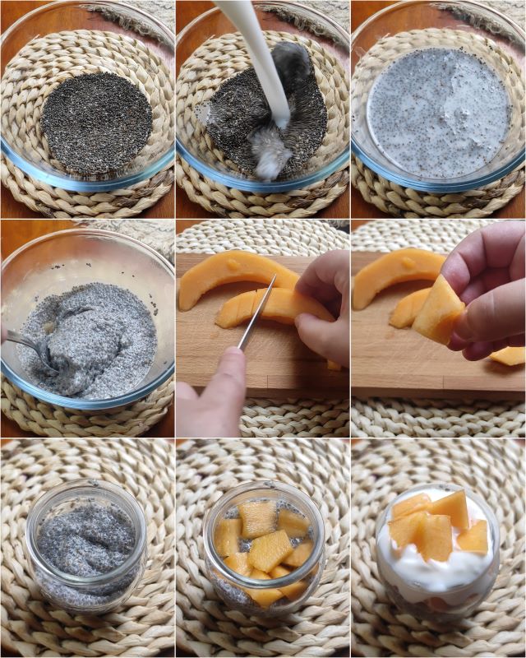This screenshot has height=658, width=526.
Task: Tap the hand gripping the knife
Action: pyautogui.click(x=210, y=395)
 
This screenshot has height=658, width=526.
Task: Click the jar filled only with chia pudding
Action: pyautogui.click(x=85, y=547)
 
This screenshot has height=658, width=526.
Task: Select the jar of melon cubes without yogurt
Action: pyautogui.click(x=263, y=547)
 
